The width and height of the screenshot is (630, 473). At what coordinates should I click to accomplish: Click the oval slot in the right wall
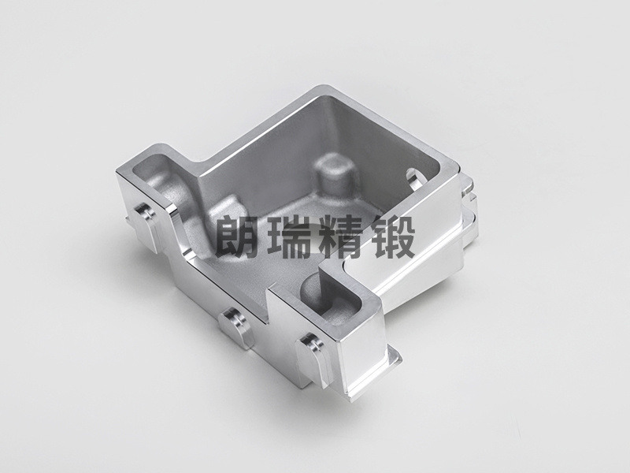(416, 178)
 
